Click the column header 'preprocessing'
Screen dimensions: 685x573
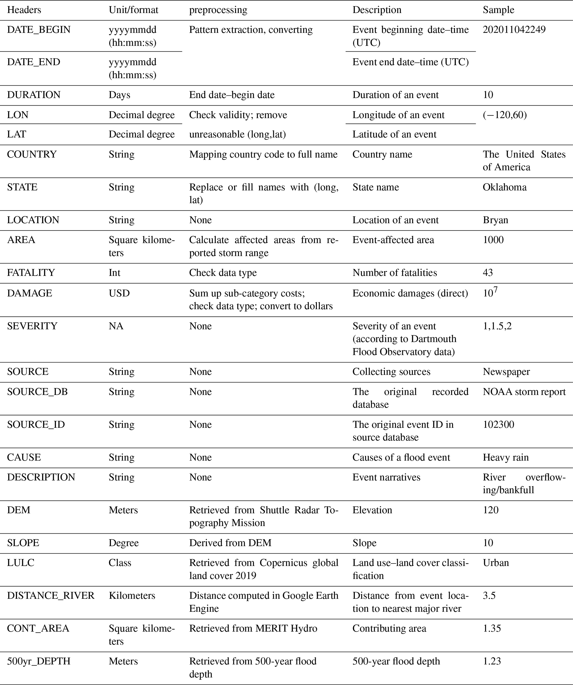(x=218, y=10)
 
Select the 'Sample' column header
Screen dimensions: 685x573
(x=498, y=10)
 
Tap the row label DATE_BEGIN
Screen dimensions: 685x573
(x=39, y=30)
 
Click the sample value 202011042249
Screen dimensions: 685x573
(x=514, y=30)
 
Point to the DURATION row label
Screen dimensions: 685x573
(x=34, y=95)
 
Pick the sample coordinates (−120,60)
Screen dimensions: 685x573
(x=505, y=115)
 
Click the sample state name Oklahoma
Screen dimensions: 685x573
(x=505, y=187)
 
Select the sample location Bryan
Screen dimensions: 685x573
(x=495, y=220)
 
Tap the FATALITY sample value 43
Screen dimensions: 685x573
(x=488, y=273)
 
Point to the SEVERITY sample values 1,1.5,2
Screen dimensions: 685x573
(x=497, y=326)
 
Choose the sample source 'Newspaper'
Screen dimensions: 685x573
(x=506, y=372)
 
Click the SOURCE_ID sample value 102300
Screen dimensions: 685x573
(x=498, y=425)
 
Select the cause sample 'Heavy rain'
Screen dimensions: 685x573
(x=505, y=458)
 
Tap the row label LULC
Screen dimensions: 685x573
(x=21, y=563)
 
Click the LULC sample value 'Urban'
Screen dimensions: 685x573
(x=496, y=563)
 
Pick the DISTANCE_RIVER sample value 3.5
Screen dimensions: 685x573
(x=489, y=596)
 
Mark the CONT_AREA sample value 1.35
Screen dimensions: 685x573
(x=492, y=629)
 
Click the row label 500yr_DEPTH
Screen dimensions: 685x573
(x=39, y=661)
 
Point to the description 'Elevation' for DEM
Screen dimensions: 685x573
(x=372, y=510)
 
